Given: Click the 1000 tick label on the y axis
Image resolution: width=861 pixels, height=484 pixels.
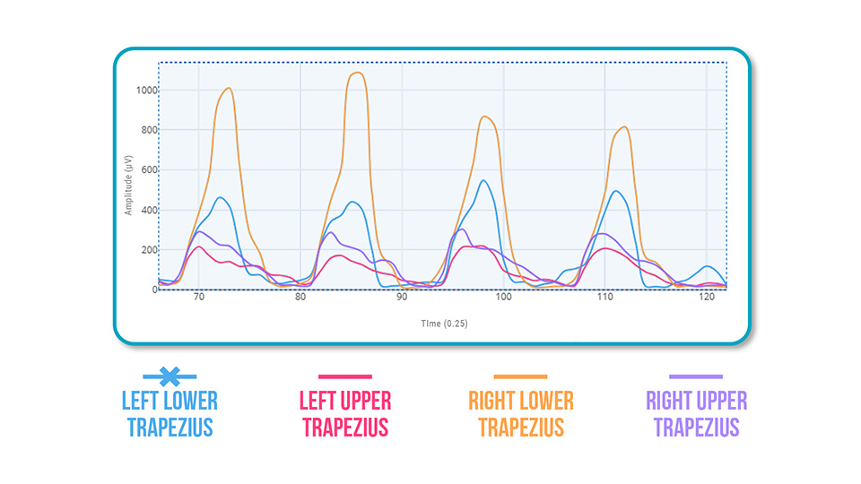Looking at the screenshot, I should pos(146,91).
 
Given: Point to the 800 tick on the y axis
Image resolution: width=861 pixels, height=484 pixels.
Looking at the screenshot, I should pos(148,131).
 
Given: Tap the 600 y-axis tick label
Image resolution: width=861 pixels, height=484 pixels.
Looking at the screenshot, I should pos(148,170).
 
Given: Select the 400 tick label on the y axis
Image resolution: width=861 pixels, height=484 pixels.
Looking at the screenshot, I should pos(148,211).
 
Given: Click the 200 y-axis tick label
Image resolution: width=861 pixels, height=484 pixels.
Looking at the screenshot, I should pos(148,250).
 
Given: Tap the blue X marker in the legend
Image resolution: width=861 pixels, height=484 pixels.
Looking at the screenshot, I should pos(170,376).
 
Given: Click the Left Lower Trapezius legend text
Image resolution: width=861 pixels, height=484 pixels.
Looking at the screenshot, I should pos(170,413).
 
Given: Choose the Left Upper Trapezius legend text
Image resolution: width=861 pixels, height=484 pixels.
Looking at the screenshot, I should pos(344,413).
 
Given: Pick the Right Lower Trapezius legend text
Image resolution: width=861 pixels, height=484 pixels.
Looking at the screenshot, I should pos(520,413).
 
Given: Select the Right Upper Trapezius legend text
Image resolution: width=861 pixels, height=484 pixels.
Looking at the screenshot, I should pos(696,413).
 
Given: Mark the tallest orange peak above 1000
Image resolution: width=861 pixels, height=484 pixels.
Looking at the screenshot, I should pos(356,73).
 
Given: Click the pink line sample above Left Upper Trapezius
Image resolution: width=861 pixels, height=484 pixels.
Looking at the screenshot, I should pos(344,376).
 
